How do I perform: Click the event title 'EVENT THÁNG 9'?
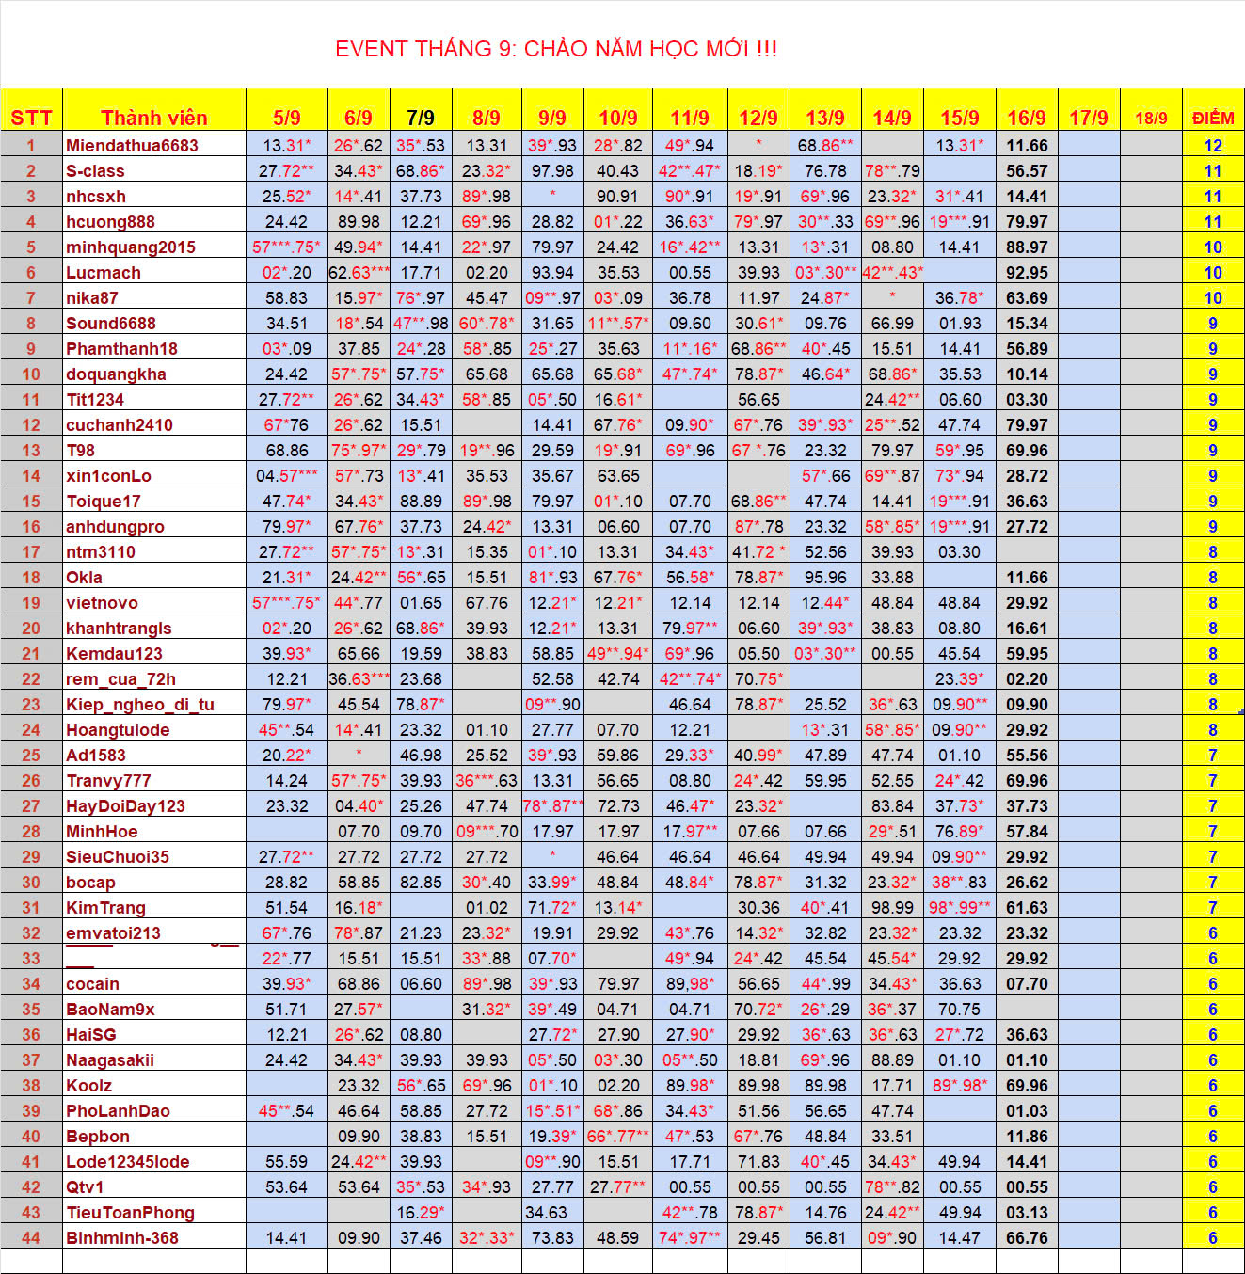(x=556, y=49)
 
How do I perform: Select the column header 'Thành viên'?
(x=153, y=118)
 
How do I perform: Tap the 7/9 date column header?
(x=421, y=118)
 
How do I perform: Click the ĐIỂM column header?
(x=1213, y=118)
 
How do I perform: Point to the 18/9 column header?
(x=1151, y=118)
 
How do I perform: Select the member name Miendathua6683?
(x=132, y=146)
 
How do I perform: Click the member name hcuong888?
(x=110, y=222)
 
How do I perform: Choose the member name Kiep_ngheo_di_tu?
(x=140, y=705)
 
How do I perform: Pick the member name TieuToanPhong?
(x=130, y=1213)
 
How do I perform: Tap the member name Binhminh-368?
(x=122, y=1238)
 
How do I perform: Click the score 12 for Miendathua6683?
(x=1213, y=146)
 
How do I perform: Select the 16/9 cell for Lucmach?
(x=1027, y=273)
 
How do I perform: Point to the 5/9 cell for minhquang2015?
(x=286, y=247)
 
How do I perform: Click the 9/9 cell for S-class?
(x=552, y=171)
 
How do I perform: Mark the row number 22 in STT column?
(x=31, y=679)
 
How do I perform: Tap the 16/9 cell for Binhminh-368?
(x=1027, y=1238)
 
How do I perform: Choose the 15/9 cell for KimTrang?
(x=959, y=908)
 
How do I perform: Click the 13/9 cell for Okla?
(x=825, y=578)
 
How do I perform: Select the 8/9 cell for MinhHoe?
(x=487, y=832)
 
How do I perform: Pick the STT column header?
(x=31, y=118)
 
